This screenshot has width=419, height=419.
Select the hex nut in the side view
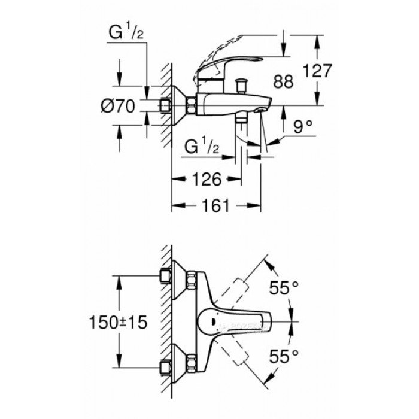click(192, 106)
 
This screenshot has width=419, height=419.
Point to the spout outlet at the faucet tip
click(261, 110)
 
